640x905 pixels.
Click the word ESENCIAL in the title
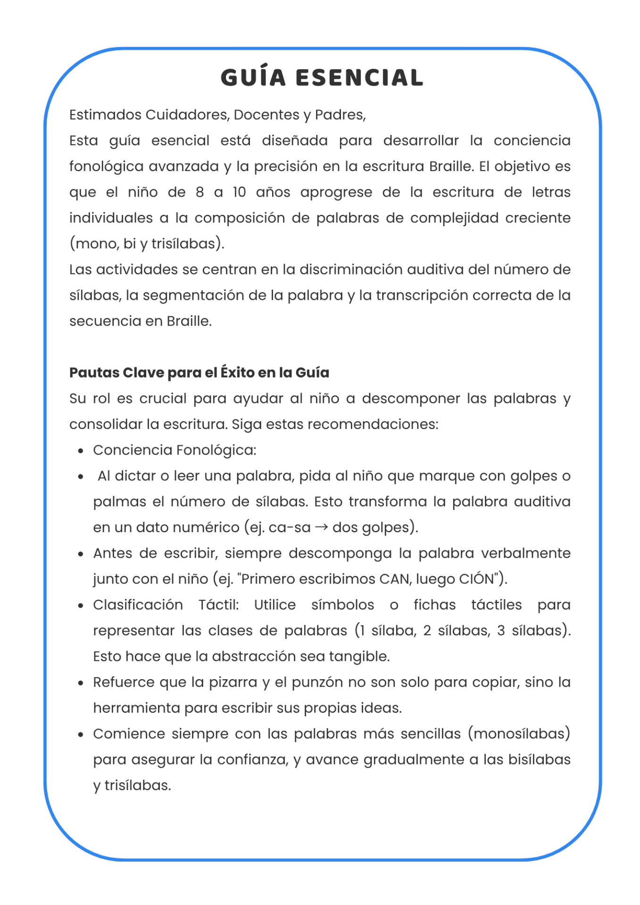[x=359, y=78]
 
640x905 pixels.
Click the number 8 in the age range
[x=200, y=192]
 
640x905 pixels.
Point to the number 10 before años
[x=239, y=192]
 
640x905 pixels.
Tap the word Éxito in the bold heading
[x=238, y=372]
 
